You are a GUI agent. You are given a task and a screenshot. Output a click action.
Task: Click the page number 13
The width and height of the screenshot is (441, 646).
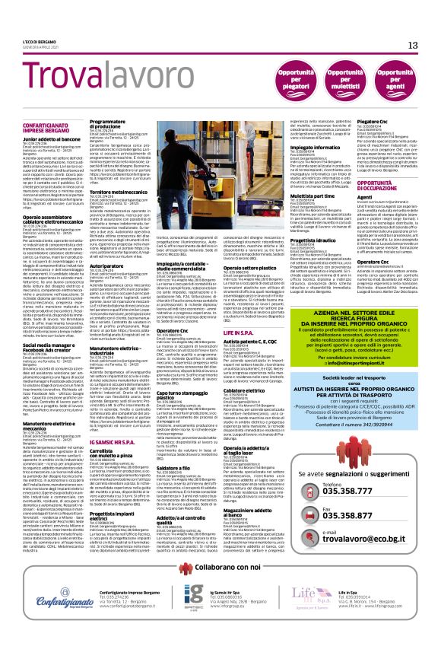[413, 46]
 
